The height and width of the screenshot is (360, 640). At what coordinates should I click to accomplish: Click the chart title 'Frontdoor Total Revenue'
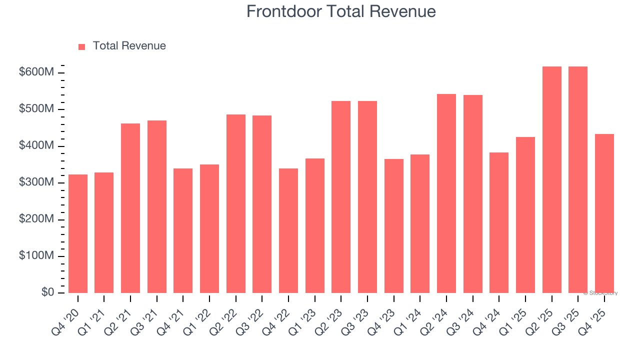pyautogui.click(x=341, y=11)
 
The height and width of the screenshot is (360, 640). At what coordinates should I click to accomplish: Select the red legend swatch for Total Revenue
pyautogui.click(x=81, y=46)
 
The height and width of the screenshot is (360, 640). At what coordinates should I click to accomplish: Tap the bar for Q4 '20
pyautogui.click(x=78, y=233)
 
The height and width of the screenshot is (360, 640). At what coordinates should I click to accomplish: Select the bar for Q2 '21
pyautogui.click(x=130, y=208)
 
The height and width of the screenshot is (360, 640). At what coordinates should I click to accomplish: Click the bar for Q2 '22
pyautogui.click(x=236, y=203)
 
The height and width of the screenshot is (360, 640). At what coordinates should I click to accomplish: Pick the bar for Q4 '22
pyautogui.click(x=288, y=230)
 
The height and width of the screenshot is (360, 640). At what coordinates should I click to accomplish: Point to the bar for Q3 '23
pyautogui.click(x=367, y=197)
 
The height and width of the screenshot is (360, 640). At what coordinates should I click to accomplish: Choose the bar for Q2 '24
pyautogui.click(x=446, y=193)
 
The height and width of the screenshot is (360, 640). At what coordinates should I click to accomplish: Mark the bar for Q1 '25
pyautogui.click(x=525, y=215)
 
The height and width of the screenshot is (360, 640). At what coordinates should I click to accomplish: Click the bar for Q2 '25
pyautogui.click(x=552, y=179)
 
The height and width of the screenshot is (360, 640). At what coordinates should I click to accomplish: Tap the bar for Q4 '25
pyautogui.click(x=604, y=213)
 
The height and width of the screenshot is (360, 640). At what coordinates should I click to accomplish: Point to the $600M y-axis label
pyautogui.click(x=36, y=72)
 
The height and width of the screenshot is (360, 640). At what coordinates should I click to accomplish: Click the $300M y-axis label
pyautogui.click(x=36, y=182)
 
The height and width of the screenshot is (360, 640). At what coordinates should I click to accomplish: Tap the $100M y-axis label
pyautogui.click(x=36, y=256)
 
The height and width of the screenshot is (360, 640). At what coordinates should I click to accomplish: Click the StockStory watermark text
pyautogui.click(x=600, y=293)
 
